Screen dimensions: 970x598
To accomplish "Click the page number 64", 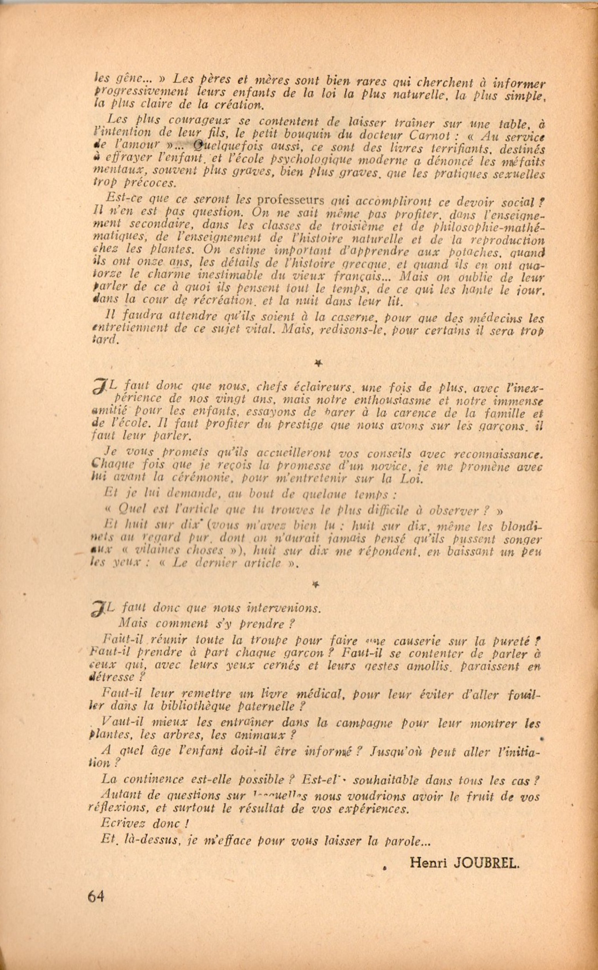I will click(x=95, y=896).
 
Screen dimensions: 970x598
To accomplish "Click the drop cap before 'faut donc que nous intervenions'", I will click(x=100, y=608).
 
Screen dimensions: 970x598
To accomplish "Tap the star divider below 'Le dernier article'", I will click(x=315, y=585).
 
